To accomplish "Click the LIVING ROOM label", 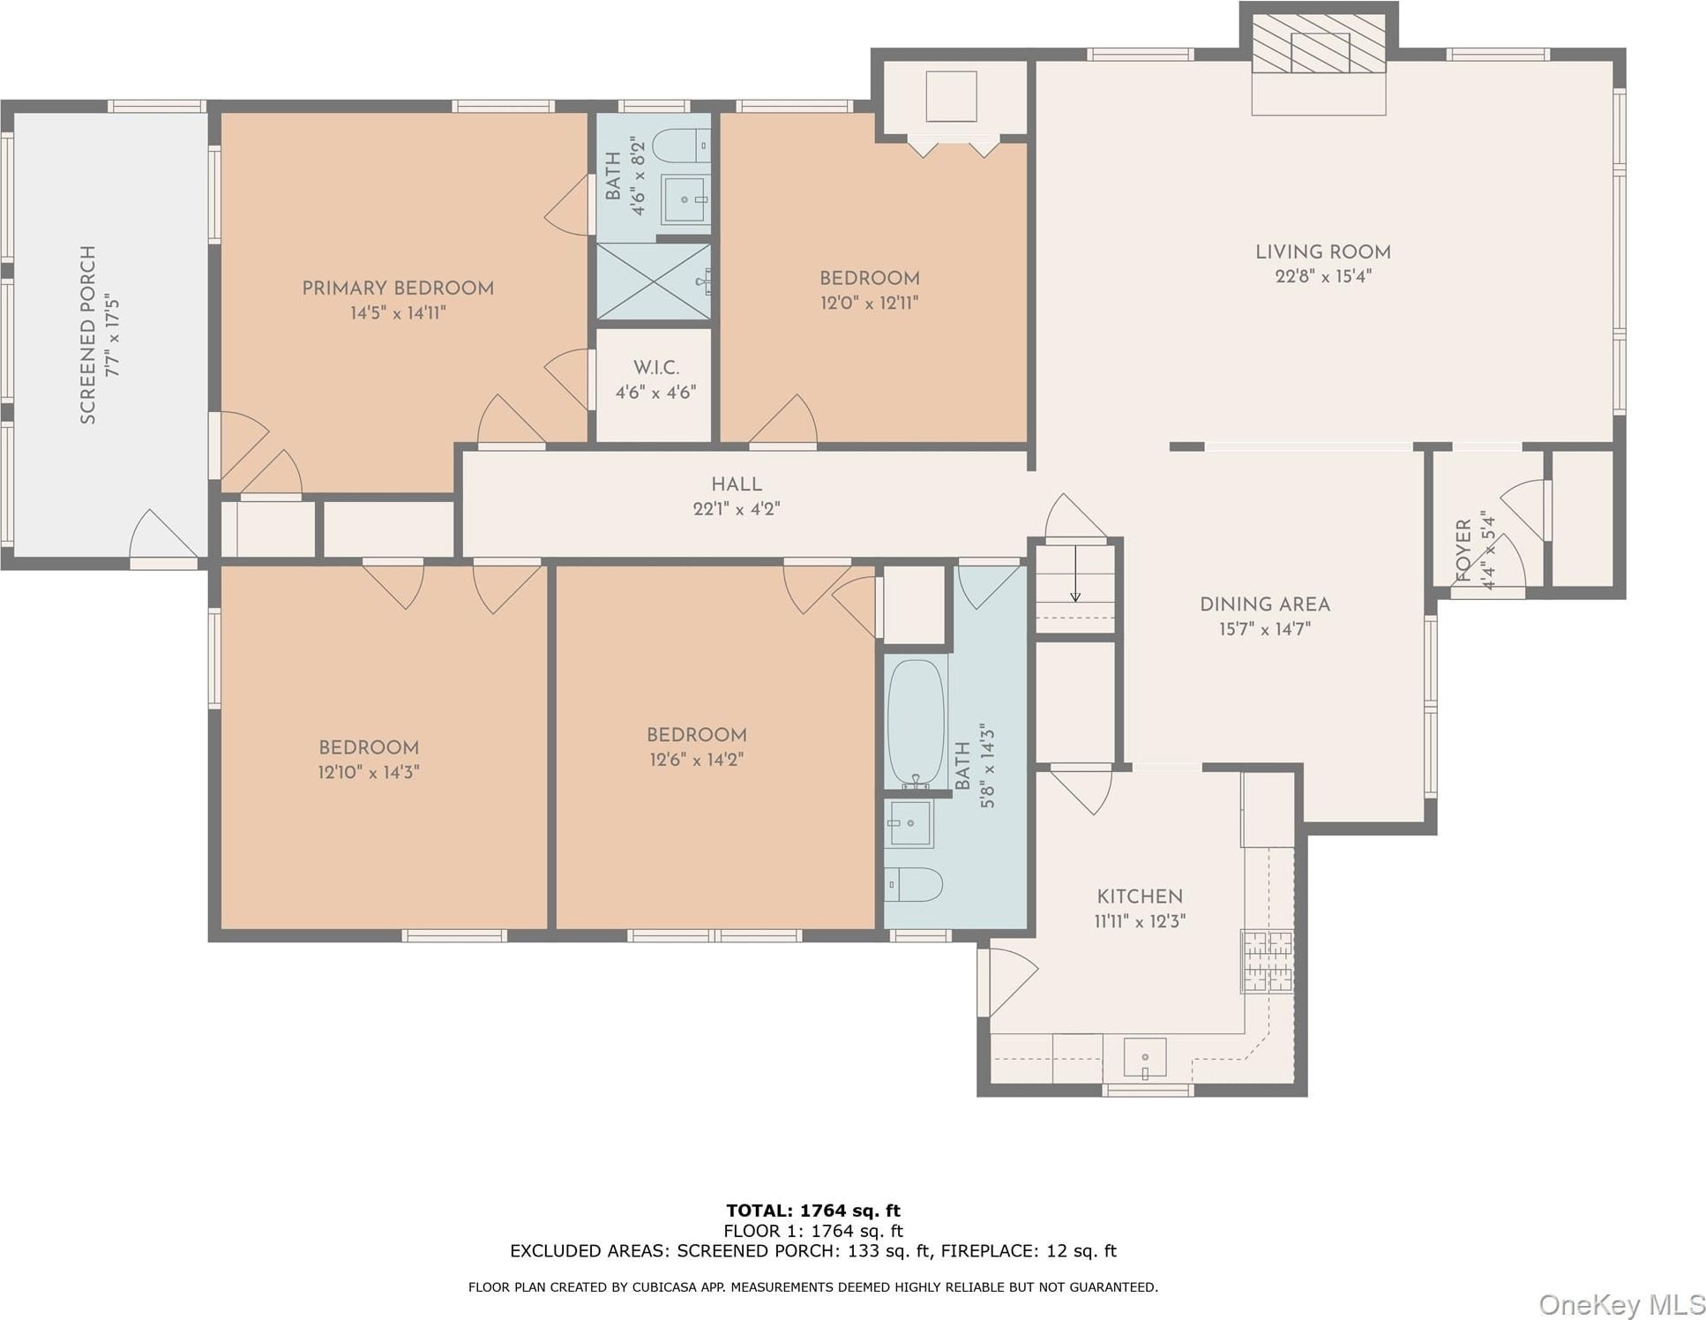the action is click(1322, 252).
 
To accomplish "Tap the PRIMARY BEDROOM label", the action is click(398, 289).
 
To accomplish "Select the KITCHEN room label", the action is click(1140, 896).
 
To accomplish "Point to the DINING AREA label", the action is click(1265, 604).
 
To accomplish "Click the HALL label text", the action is click(737, 484).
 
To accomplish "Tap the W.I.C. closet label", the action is click(656, 368).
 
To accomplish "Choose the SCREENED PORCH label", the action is click(88, 335).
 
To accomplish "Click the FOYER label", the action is click(1463, 551).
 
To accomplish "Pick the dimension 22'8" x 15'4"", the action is click(1323, 276).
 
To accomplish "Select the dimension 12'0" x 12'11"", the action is click(870, 303).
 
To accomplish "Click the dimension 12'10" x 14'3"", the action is click(369, 772).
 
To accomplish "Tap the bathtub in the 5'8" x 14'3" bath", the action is click(917, 724).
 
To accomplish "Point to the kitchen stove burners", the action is click(1268, 962).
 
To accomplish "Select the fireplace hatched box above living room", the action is click(1320, 43).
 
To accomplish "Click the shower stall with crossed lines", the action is click(654, 281).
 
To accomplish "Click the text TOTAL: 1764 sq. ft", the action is click(813, 1211).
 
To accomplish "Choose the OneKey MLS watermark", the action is click(1621, 1304).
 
